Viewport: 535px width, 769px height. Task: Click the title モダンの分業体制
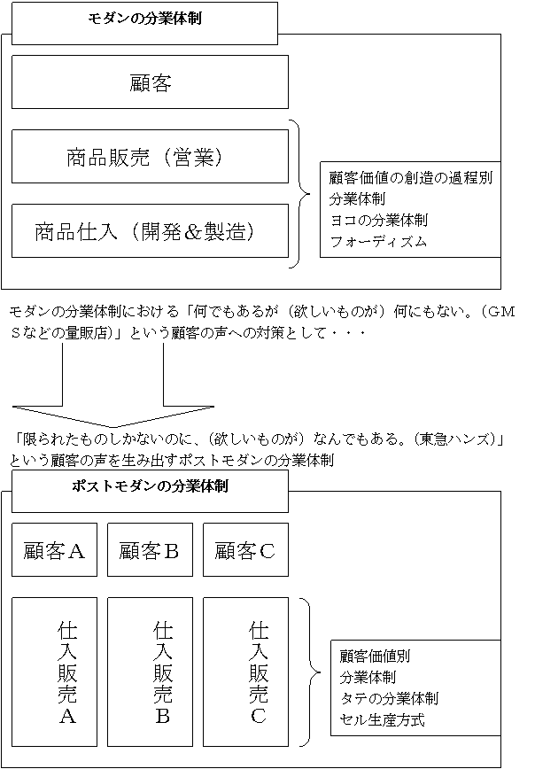tap(144, 19)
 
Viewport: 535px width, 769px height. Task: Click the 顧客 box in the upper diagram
tap(150, 82)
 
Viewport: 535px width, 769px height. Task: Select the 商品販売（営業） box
tap(150, 157)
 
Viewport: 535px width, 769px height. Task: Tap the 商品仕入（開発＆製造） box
tap(150, 231)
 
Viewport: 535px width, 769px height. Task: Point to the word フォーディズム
tap(378, 241)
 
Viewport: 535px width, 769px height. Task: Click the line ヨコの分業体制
tap(378, 221)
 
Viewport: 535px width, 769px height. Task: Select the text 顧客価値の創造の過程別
tap(411, 177)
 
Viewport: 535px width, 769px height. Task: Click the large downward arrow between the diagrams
tap(113, 385)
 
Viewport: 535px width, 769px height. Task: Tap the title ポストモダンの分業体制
tap(150, 486)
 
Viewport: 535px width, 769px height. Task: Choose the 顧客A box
tap(54, 550)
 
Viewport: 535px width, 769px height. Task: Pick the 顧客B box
tap(150, 550)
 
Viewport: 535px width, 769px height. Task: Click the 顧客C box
tap(245, 550)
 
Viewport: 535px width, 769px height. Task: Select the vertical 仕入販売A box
tap(54, 672)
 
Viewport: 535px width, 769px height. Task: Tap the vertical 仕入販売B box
tap(150, 672)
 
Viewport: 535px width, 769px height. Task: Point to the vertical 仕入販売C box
tap(245, 672)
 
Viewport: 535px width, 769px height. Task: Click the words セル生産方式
tap(382, 720)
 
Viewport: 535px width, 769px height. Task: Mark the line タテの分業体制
tap(389, 698)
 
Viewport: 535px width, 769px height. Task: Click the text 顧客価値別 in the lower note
tap(375, 656)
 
